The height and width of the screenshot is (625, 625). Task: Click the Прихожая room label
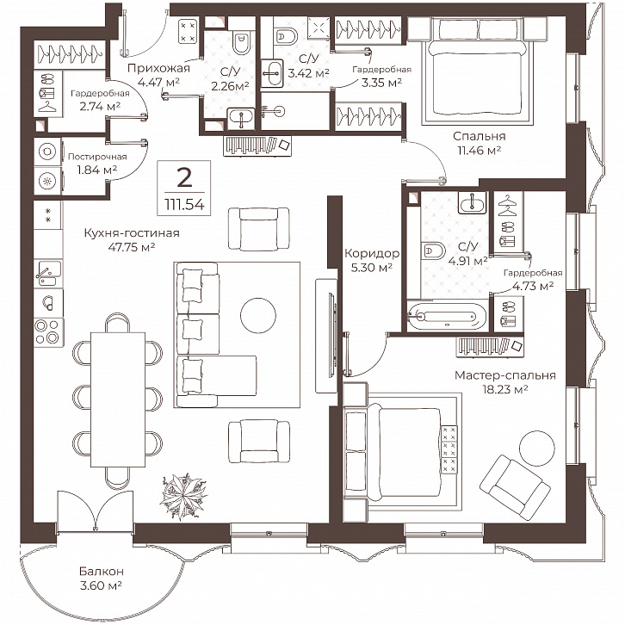click(x=158, y=68)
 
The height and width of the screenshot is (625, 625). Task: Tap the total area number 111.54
click(x=184, y=204)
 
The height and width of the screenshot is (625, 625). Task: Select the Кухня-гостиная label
click(x=132, y=232)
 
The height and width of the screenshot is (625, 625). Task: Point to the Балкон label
click(x=102, y=571)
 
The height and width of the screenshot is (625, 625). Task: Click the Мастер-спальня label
click(x=505, y=375)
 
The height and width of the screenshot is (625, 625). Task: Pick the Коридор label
click(x=372, y=253)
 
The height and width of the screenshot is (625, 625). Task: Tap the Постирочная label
click(x=97, y=157)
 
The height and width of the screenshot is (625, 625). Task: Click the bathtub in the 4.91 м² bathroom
click(x=447, y=316)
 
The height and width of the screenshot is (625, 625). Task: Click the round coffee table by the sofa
click(x=258, y=315)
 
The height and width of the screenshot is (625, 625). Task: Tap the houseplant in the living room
click(x=183, y=496)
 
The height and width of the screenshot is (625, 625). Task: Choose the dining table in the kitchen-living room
click(x=118, y=399)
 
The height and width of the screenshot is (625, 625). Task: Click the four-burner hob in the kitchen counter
click(x=48, y=331)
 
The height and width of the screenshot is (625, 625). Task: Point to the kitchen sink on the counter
click(x=48, y=274)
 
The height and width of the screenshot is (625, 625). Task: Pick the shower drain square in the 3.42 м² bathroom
click(x=319, y=28)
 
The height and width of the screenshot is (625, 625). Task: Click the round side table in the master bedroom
click(x=536, y=448)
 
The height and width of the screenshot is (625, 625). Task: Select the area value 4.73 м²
click(x=533, y=286)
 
